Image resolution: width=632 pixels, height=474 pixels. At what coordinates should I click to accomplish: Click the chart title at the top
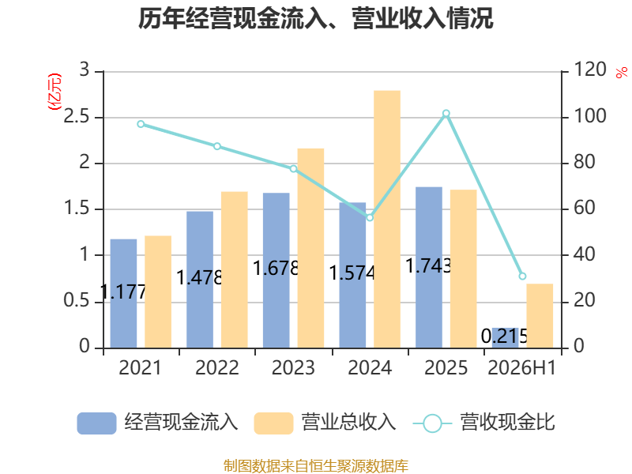[315, 18]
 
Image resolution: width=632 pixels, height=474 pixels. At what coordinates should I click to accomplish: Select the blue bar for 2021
[123, 293]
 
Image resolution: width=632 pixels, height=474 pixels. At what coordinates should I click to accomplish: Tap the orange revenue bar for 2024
[387, 220]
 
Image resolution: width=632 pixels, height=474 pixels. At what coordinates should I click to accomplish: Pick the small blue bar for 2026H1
[505, 338]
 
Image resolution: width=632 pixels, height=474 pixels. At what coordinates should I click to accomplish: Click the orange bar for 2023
[310, 248]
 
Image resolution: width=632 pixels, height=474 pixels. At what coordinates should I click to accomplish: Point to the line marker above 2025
[446, 114]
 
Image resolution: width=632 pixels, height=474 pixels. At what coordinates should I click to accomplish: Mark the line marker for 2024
[370, 218]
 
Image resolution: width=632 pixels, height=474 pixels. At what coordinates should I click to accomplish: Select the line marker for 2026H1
[522, 276]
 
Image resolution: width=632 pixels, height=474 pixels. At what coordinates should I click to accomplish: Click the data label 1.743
[428, 265]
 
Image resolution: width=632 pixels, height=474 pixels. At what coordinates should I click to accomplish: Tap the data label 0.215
[505, 336]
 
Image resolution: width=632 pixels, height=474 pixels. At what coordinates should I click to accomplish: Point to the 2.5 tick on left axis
[77, 116]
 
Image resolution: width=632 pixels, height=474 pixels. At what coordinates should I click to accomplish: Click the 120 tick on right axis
[589, 70]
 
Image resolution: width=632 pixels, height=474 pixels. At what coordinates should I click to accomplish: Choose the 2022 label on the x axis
[216, 367]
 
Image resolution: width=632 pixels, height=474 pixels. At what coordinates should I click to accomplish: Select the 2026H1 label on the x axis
[522, 367]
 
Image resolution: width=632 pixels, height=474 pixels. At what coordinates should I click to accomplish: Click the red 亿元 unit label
[55, 92]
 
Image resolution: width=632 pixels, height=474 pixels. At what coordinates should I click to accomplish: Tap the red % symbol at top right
[622, 72]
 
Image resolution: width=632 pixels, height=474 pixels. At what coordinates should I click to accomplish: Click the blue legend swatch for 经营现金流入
[96, 423]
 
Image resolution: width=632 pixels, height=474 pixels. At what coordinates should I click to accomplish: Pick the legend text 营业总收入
[349, 423]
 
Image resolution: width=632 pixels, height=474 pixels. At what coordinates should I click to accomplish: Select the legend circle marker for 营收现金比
[432, 423]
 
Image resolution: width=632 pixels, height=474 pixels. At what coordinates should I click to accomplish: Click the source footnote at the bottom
[316, 466]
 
